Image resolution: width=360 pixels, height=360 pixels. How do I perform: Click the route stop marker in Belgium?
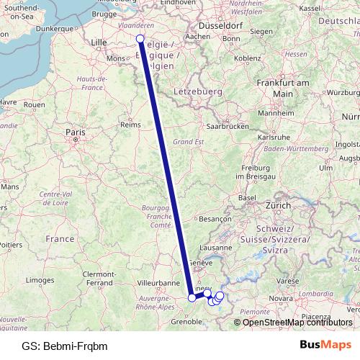click(140, 39)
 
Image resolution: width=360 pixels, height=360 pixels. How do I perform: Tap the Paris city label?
click(76, 132)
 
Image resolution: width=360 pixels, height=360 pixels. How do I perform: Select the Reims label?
click(130, 124)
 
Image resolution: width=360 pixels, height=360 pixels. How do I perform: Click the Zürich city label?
click(277, 205)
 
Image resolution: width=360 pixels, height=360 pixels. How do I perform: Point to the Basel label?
click(248, 197)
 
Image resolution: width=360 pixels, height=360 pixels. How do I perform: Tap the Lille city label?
click(99, 42)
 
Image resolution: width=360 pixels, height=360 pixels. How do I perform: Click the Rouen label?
click(34, 104)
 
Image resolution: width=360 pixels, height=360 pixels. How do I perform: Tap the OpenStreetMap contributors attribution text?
click(297, 322)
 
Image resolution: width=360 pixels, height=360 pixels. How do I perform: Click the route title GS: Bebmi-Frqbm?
click(65, 346)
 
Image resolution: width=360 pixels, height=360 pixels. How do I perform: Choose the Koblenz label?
click(247, 58)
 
